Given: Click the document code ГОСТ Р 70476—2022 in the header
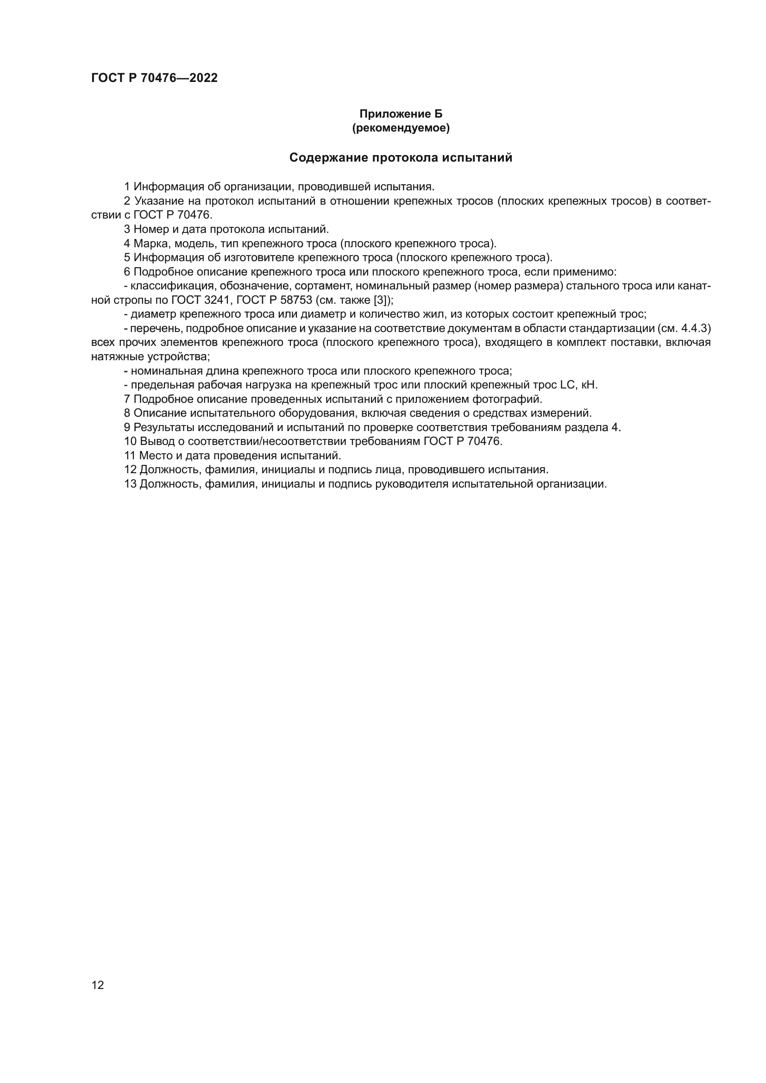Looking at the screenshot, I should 154,78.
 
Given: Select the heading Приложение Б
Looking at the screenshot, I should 401,114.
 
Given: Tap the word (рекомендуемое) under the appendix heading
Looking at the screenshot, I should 401,128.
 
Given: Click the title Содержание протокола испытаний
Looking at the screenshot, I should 401,157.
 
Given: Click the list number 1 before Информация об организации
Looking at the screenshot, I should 127,187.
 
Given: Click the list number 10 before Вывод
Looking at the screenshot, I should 130,442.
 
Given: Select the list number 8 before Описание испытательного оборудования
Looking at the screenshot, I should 127,413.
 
